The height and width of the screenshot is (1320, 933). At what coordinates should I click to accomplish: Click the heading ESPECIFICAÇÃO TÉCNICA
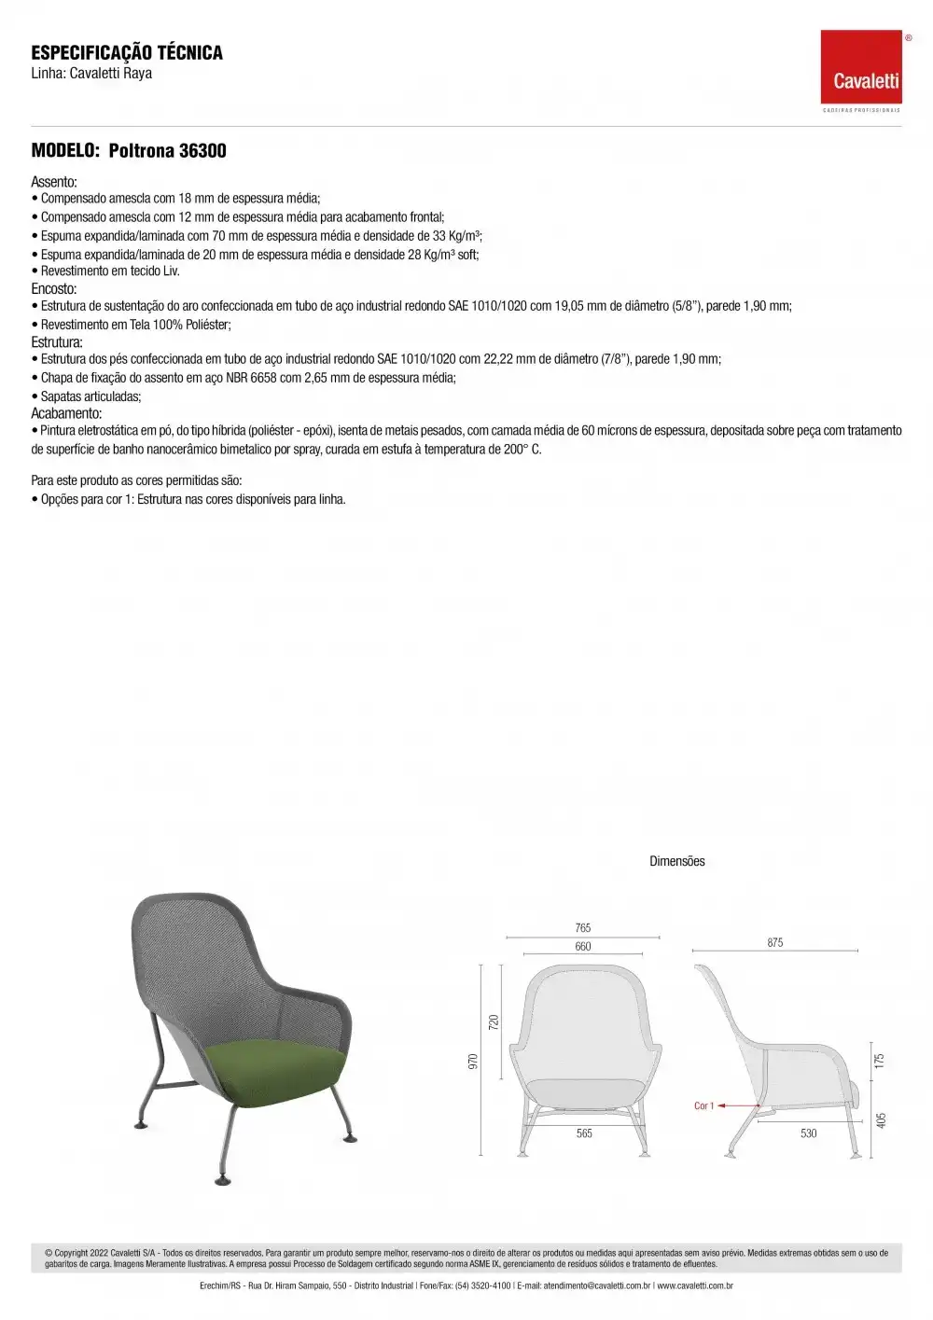point(127,52)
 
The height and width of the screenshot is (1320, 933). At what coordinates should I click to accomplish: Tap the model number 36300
point(202,151)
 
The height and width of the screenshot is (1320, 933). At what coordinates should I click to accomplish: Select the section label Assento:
point(54,182)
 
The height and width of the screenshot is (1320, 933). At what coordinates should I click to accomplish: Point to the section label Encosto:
point(54,288)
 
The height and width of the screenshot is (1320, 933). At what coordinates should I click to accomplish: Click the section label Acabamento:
point(66,413)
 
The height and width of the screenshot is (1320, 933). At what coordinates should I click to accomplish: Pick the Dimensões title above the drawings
point(677,861)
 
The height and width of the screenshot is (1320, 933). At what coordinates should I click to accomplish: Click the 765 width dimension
point(583,927)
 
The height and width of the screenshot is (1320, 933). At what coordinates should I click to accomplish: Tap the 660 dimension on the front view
point(583,946)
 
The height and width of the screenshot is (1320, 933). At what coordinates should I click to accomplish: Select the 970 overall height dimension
point(473,1061)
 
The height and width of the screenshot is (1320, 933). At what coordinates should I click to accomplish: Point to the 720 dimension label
point(494,1021)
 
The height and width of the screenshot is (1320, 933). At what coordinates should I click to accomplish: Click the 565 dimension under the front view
point(584,1132)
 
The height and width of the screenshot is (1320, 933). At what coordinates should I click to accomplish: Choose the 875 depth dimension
point(775,942)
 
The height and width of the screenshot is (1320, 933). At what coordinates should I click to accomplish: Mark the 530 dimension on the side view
point(808,1133)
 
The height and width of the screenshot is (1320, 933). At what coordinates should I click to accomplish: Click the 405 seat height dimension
point(882,1119)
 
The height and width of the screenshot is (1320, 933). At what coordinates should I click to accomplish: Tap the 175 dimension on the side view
point(879,1061)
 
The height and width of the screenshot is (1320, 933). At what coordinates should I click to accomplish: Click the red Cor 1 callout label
point(703,1105)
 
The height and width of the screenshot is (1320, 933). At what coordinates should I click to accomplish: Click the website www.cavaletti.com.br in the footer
point(694,1285)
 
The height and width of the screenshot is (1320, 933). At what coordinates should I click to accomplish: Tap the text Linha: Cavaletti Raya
point(91,74)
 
